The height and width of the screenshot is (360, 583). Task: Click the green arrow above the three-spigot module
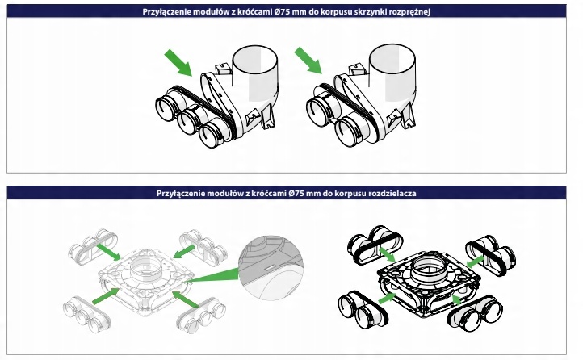pyautogui.click(x=178, y=63)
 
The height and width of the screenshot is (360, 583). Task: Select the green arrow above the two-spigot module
pyautogui.click(x=308, y=61)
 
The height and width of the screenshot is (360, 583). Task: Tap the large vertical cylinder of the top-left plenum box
pyautogui.click(x=255, y=74)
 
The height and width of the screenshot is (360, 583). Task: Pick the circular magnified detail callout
pyautogui.click(x=271, y=267)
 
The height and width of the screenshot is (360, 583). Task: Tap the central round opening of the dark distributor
pyautogui.click(x=429, y=268)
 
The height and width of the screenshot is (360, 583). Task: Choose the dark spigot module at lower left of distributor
pyautogui.click(x=363, y=309)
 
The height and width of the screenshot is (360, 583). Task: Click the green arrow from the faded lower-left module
pyautogui.click(x=105, y=296)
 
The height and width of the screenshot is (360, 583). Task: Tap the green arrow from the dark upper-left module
pyautogui.click(x=387, y=254)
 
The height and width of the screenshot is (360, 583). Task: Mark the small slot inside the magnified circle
pyautogui.click(x=271, y=267)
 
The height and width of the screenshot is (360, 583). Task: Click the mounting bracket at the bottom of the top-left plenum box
pyautogui.click(x=269, y=116)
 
